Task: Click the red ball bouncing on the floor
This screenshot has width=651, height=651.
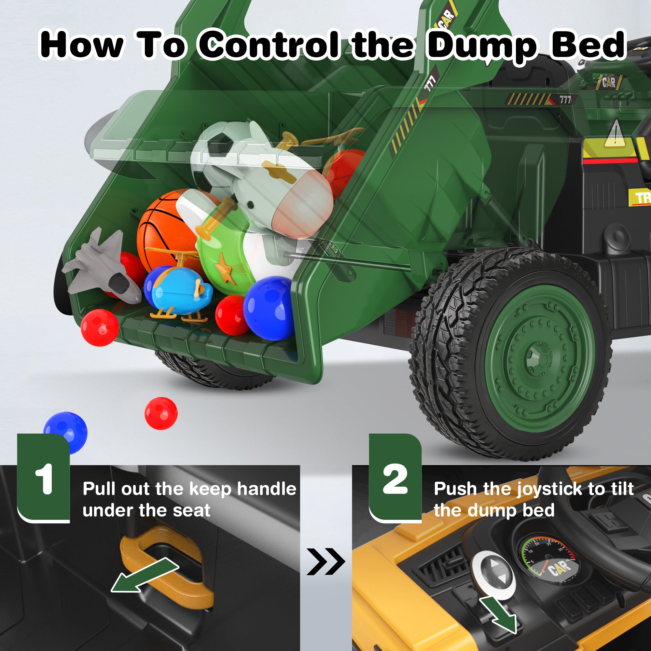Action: coord(161,413)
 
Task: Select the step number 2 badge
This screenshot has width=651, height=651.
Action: coord(395,478)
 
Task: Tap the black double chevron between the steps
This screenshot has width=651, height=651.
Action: coord(325,561)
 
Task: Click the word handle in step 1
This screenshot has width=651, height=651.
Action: coord(267,489)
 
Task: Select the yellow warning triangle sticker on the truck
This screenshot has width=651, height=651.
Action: coord(615,134)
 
